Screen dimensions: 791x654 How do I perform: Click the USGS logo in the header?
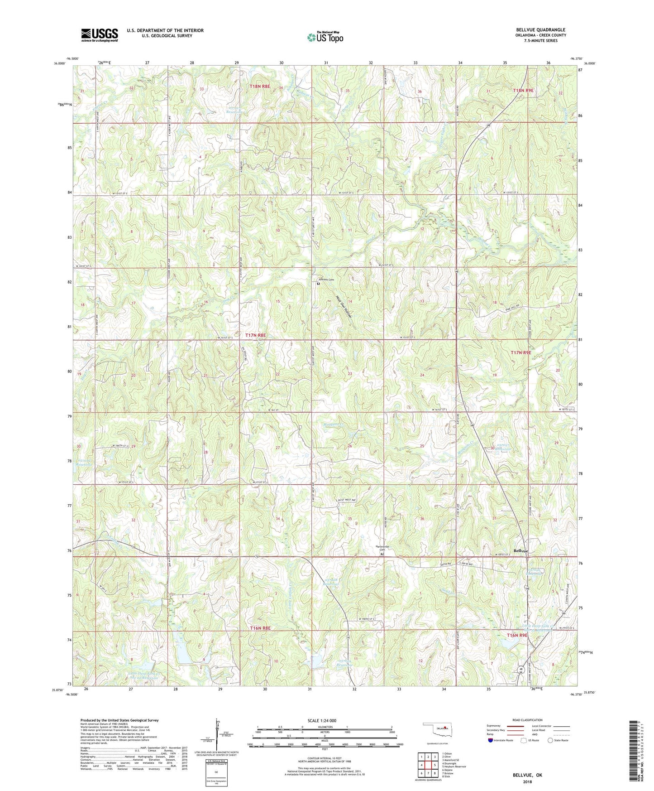(x=100, y=34)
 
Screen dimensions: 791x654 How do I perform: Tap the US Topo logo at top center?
(x=325, y=37)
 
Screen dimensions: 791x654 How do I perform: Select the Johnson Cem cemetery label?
(x=325, y=280)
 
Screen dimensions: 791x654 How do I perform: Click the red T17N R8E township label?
(x=256, y=335)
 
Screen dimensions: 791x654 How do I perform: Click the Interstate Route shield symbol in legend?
(x=491, y=740)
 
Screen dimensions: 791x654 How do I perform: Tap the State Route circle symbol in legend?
(x=550, y=740)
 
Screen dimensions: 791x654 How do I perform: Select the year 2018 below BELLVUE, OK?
(x=527, y=781)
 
